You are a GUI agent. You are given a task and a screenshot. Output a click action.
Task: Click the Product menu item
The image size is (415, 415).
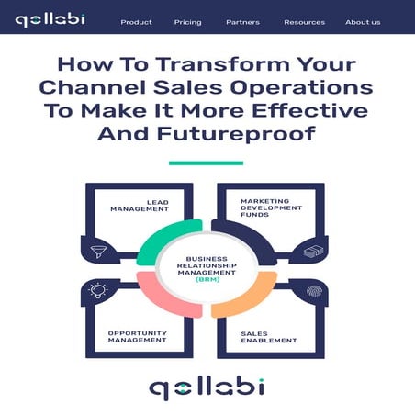[136, 22]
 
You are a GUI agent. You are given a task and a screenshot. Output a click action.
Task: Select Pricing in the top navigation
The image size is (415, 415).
[187, 22]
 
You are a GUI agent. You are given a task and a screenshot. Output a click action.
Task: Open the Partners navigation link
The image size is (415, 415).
[242, 22]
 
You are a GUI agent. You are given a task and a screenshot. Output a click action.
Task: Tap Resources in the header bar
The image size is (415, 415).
[304, 22]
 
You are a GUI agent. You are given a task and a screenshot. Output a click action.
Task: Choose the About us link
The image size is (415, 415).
[363, 22]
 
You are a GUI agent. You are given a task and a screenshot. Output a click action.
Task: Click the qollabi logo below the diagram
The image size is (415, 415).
[207, 387]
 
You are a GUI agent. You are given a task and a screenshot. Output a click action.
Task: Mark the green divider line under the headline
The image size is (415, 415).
[206, 163]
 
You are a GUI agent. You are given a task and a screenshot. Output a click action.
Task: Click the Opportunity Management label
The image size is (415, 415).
[137, 337]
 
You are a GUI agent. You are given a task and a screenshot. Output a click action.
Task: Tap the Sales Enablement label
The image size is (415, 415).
[269, 337]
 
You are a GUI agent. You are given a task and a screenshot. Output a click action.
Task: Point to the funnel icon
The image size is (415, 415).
[98, 250]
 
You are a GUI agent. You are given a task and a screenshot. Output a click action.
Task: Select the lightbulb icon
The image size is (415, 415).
[98, 290]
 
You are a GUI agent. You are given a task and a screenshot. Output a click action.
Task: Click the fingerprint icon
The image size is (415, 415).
[314, 292]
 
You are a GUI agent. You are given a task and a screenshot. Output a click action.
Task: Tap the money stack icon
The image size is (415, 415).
[314, 250]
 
